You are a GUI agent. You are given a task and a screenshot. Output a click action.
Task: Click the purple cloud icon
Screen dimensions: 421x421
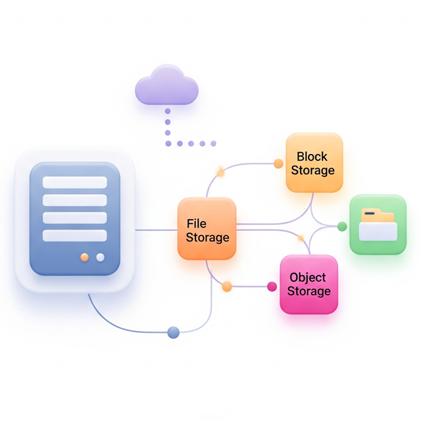click(166, 87)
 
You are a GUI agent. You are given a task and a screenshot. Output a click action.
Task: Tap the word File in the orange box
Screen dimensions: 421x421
click(197, 224)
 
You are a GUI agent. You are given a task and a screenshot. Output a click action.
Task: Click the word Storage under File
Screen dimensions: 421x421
click(207, 237)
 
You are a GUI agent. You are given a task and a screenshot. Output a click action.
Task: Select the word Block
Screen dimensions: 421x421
click(312, 157)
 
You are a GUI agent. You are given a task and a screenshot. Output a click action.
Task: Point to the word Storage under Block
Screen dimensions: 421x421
click(313, 170)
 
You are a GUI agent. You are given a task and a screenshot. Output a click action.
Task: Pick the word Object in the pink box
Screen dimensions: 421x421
click(308, 277)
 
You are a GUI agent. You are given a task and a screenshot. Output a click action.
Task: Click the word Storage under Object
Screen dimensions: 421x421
click(309, 291)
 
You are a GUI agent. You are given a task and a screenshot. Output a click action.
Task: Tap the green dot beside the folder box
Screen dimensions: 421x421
click(342, 226)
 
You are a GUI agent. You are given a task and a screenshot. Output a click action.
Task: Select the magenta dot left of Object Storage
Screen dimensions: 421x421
click(272, 286)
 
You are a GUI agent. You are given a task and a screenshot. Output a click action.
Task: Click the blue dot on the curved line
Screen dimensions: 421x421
click(174, 332)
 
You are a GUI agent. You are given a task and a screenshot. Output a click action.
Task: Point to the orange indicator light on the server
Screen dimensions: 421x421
click(84, 257)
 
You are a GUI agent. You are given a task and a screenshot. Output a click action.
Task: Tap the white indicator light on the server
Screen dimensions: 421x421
click(100, 257)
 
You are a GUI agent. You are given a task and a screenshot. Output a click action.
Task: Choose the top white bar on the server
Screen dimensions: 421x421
click(74, 182)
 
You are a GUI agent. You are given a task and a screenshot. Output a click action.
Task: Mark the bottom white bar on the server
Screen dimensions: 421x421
click(74, 235)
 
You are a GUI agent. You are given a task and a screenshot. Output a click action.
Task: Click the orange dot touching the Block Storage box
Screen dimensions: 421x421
click(279, 163)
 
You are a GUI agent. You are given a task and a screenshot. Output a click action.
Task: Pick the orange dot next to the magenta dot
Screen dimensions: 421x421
click(227, 286)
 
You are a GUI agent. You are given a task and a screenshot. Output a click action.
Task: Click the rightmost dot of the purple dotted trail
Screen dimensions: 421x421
click(213, 143)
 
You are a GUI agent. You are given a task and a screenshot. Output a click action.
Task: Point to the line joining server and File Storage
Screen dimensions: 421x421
click(156, 230)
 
